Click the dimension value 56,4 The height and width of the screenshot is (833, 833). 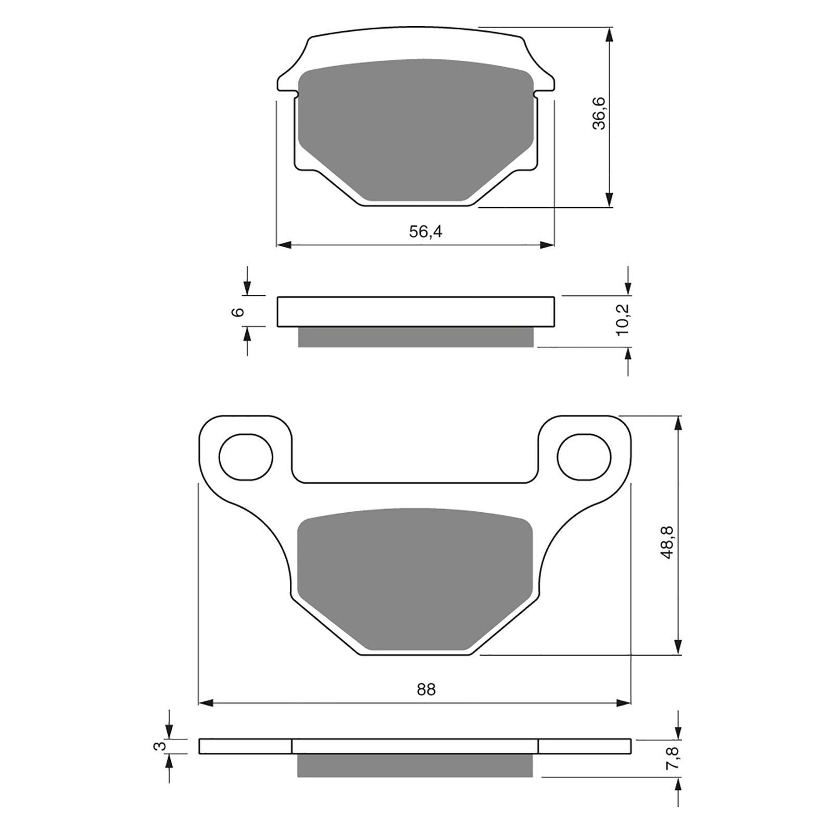click(425, 232)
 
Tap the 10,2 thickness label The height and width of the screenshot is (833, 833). click(623, 319)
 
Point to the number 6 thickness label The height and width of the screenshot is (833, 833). click(238, 312)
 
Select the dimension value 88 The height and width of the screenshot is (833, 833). click(425, 689)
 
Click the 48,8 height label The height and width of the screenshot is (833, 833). click(667, 542)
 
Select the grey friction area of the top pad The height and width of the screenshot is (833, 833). click(415, 130)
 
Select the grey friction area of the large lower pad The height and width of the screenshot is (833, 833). click(415, 578)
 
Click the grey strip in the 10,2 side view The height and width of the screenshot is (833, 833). click(415, 337)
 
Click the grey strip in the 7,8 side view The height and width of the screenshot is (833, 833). click(415, 765)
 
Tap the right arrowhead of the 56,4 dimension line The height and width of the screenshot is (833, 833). click(548, 245)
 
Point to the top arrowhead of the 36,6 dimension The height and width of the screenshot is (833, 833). click(609, 34)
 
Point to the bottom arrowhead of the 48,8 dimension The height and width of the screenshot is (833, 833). click(677, 647)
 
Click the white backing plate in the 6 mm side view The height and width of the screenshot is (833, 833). click(415, 312)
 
